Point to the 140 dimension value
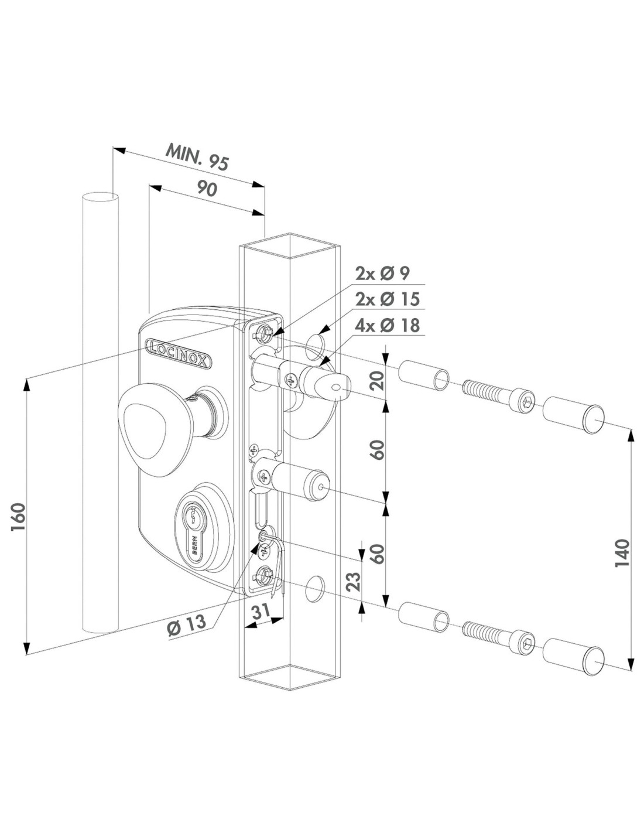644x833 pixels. pos(622,552)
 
